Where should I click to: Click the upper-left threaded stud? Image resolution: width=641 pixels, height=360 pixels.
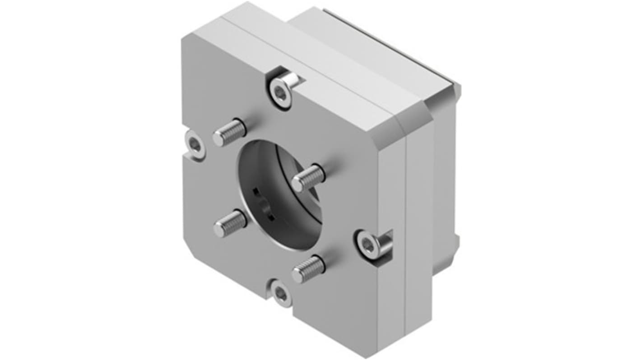click(229, 132)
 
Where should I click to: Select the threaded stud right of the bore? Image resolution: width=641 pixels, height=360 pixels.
click(308, 178)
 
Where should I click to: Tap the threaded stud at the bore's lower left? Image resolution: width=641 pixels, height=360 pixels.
click(230, 223)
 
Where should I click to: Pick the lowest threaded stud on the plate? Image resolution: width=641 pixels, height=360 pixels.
click(308, 269)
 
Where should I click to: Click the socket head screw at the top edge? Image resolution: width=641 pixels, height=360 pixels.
click(281, 94)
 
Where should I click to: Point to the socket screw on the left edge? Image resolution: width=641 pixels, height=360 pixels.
click(195, 144)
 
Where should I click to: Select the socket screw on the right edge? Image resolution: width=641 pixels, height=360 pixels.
click(367, 245)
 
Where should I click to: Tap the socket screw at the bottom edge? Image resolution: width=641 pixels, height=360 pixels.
click(281, 294)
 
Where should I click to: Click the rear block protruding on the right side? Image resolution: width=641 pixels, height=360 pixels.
click(445, 180)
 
